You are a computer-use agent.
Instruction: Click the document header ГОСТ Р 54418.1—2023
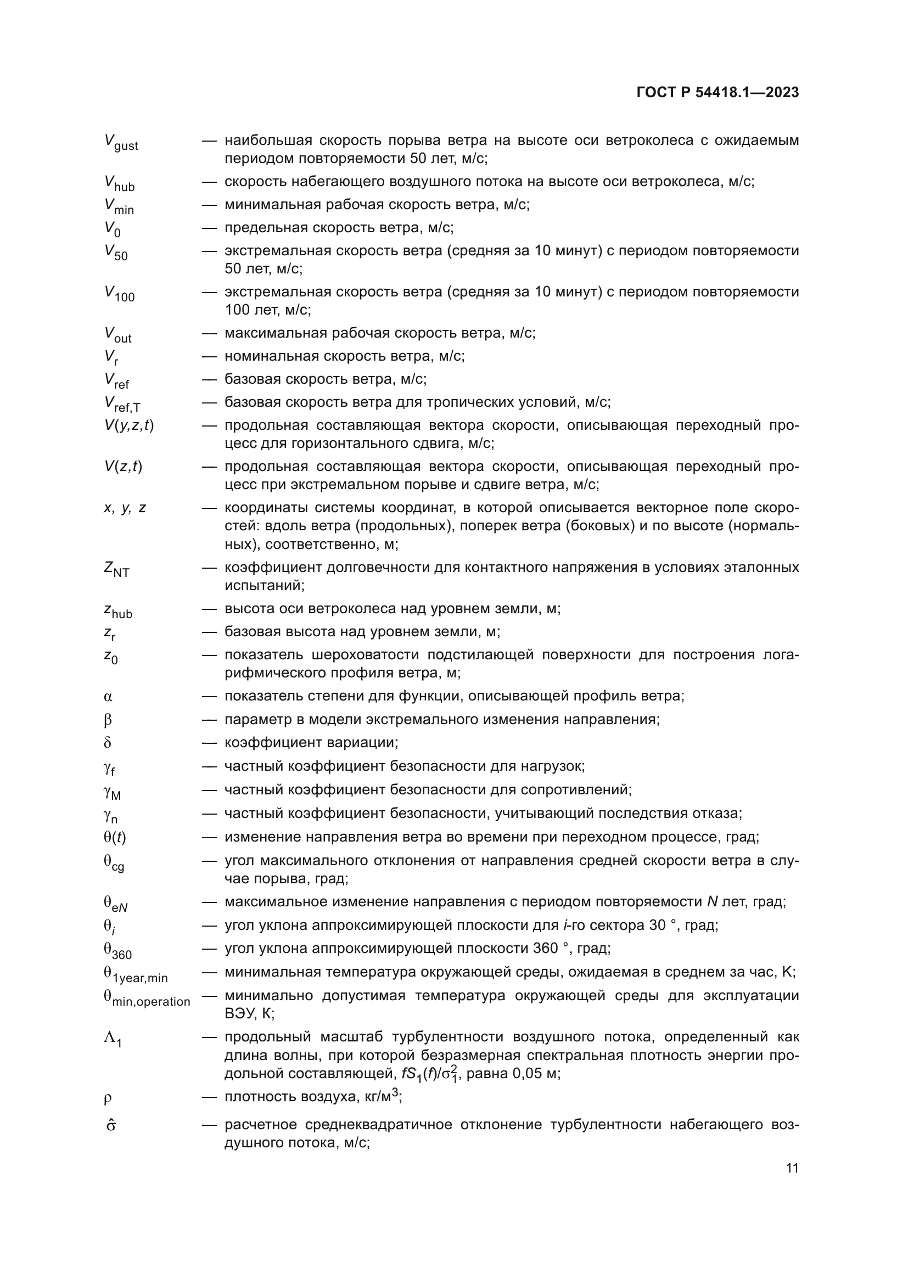coord(718,93)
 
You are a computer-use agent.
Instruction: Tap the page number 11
coord(792,1168)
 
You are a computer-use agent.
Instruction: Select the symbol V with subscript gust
coord(121,142)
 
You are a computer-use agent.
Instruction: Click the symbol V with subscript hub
coord(119,183)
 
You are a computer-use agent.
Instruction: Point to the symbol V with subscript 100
coord(119,293)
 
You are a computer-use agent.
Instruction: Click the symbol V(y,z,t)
coord(128,425)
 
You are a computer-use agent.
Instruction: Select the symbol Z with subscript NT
coord(116,569)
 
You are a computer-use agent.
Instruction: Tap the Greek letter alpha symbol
coord(108,697)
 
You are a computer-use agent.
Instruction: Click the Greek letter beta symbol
coord(108,720)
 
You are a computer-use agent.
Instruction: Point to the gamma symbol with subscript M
coord(112,792)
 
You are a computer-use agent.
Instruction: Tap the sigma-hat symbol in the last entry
coord(110,1125)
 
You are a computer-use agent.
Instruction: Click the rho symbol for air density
coord(108,1098)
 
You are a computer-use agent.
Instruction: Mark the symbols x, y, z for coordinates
coord(125,508)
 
